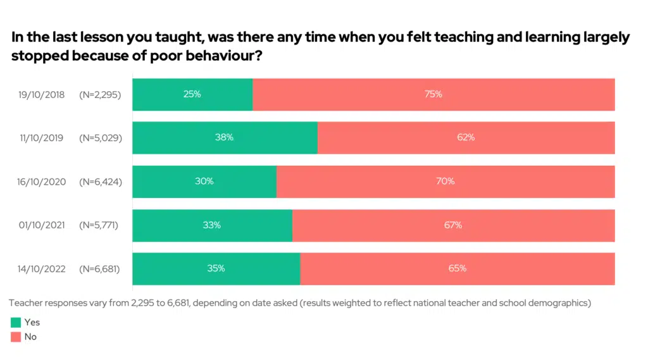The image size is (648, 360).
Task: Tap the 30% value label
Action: coord(204,182)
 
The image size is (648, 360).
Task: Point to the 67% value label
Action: coord(453,225)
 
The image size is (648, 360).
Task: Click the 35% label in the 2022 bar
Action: coord(216,268)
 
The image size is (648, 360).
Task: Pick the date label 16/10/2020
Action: coord(41,182)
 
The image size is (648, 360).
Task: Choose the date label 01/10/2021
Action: coord(41,225)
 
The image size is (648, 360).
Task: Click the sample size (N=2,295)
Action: coord(100,95)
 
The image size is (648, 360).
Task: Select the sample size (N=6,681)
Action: coord(99,269)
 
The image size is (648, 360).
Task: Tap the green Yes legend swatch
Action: coord(16,323)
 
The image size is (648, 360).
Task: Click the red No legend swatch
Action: coord(16,337)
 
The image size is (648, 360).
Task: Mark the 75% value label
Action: coord(433,95)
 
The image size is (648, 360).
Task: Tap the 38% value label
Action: coord(225,138)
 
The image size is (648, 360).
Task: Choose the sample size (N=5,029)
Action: coord(100,138)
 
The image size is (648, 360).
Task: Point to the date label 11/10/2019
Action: coord(41,138)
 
